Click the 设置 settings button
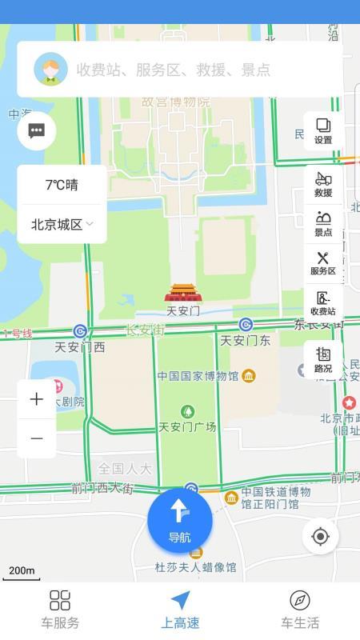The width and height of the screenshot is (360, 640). point(323,131)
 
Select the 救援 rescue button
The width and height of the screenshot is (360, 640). point(323,185)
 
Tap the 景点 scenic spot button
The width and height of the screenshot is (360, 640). point(323,224)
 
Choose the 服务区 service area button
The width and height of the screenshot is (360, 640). point(323,263)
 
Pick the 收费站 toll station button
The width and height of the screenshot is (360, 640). point(323,303)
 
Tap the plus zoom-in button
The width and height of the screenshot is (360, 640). point(37,399)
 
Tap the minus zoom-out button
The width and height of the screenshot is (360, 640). point(37,438)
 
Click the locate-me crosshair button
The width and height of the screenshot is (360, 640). point(321,536)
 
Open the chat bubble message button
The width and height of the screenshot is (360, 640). point(37,131)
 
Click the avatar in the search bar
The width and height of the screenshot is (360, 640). point(50,70)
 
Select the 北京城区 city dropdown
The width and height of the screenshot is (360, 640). point(62,225)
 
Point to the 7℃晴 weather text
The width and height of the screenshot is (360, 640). point(62,185)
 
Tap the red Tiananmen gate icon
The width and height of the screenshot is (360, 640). point(183,294)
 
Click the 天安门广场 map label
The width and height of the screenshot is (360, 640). point(187,426)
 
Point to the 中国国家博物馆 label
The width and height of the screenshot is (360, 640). point(198,376)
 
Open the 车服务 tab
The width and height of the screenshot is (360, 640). point(60,610)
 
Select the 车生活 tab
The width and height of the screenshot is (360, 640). point(300,610)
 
